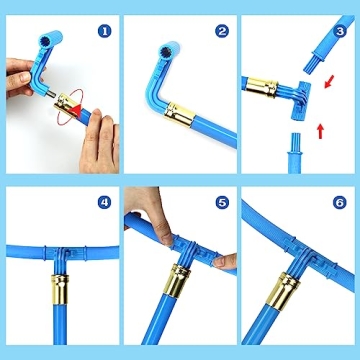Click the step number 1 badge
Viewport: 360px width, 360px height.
[104, 30]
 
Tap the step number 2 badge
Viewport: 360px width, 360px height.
[221, 30]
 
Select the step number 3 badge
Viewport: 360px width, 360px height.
[340, 30]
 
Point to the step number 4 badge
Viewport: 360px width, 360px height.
[104, 202]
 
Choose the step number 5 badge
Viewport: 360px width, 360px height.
[221, 202]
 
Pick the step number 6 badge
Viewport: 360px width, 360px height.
[340, 202]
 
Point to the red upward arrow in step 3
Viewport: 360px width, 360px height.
[322, 128]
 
